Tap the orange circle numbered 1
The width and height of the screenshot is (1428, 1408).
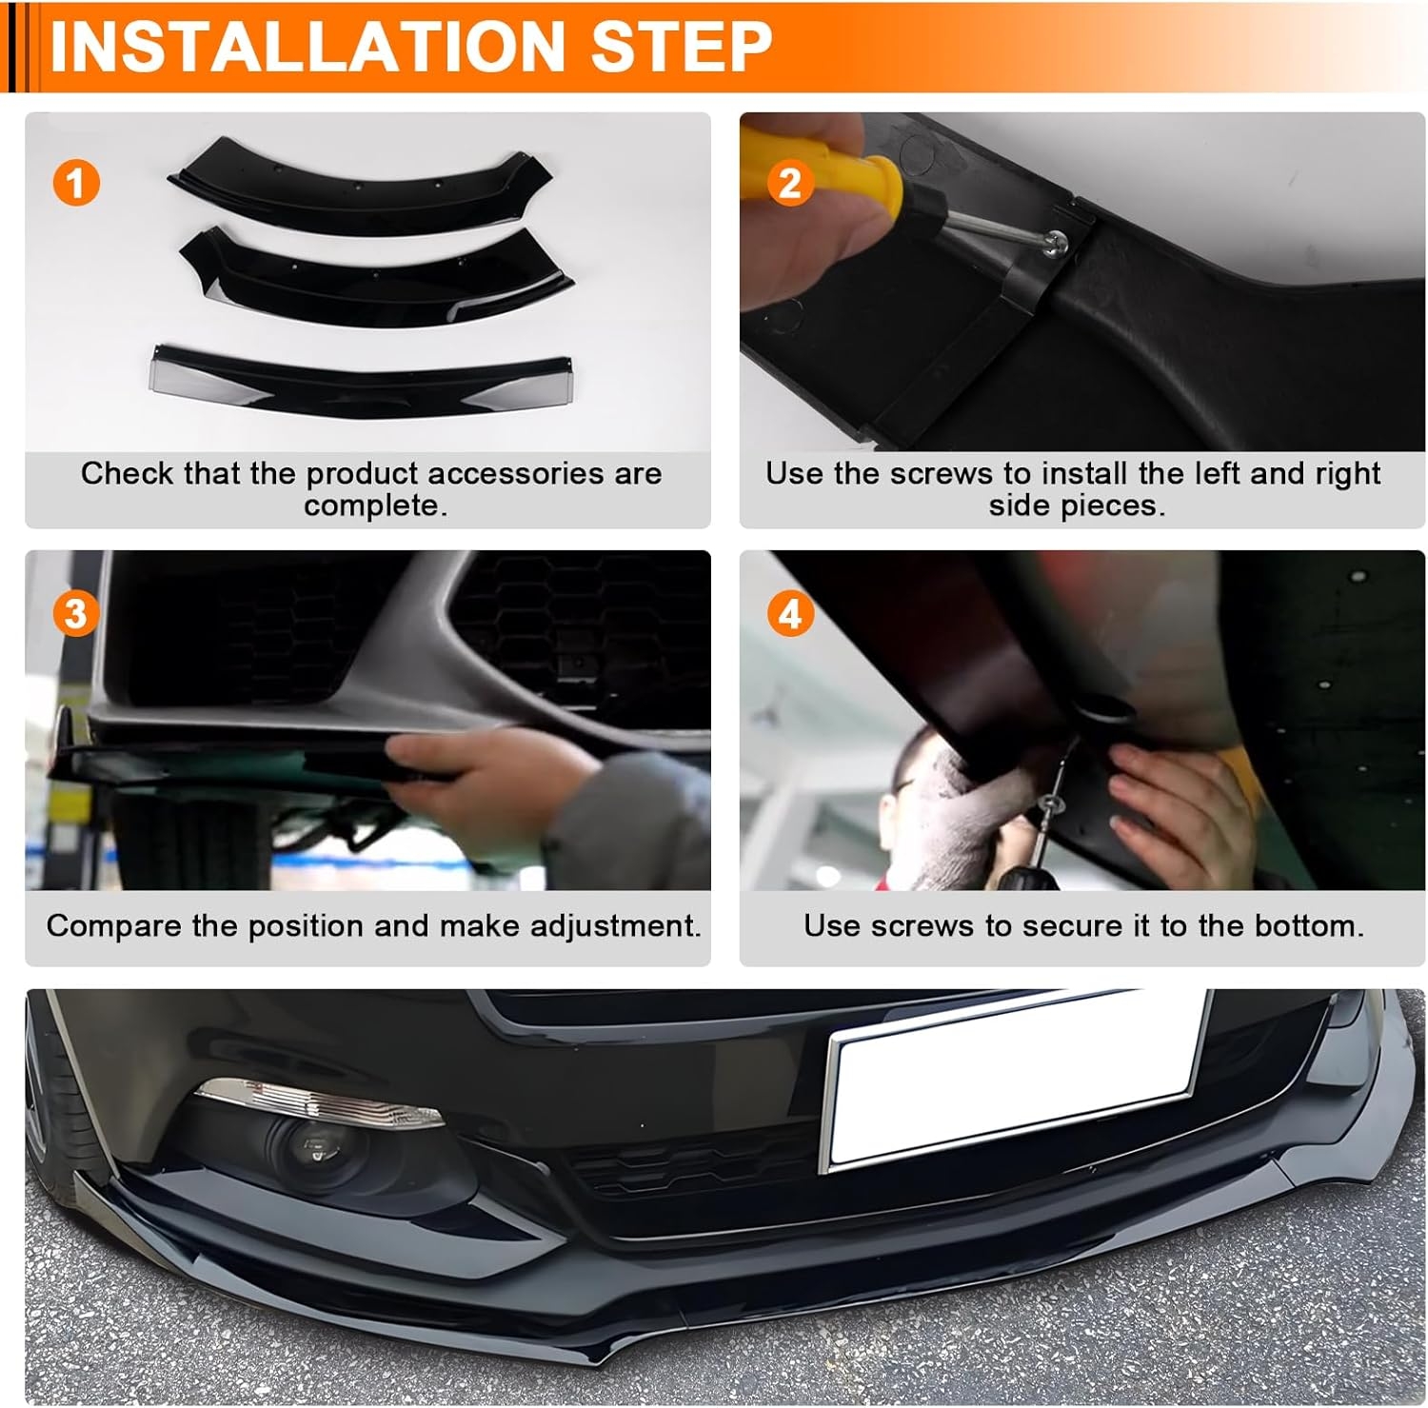coord(76,182)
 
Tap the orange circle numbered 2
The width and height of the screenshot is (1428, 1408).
coord(789,182)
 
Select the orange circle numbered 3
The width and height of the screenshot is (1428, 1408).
coord(76,613)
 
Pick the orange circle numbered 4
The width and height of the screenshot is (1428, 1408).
coord(789,614)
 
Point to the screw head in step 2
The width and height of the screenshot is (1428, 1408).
coord(1054,246)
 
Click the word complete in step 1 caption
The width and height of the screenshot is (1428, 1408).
coord(375,506)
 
